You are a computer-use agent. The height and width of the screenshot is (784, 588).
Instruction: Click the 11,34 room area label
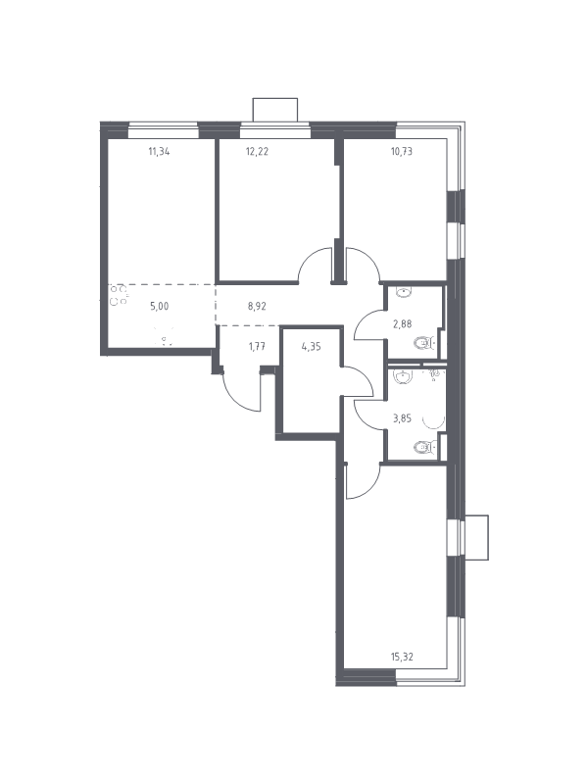(159, 151)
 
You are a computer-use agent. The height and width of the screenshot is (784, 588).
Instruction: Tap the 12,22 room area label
(257, 151)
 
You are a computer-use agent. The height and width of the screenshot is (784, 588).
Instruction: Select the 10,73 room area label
(402, 151)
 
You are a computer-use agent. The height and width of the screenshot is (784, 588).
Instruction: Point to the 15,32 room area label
(402, 657)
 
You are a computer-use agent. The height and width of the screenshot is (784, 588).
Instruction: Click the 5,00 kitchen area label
(159, 307)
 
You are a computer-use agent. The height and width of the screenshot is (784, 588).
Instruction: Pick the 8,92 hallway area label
(257, 307)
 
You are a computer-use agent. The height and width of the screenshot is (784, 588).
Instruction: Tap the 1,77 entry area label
(257, 346)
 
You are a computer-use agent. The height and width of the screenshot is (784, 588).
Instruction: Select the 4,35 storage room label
(311, 346)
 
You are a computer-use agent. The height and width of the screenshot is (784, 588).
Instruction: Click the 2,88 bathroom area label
(402, 323)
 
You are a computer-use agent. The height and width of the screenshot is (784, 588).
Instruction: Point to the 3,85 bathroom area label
(402, 418)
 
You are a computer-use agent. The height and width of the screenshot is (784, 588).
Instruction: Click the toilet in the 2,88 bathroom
(424, 343)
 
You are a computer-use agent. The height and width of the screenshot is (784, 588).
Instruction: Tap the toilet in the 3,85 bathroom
(424, 447)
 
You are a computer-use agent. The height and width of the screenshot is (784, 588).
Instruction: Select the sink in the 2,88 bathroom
(403, 292)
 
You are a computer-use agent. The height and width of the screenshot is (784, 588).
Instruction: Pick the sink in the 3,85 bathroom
(403, 376)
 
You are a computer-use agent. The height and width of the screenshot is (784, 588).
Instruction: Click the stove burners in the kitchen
(119, 295)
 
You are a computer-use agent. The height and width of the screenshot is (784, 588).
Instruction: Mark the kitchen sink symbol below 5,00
(164, 336)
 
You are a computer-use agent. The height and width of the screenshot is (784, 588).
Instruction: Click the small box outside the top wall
(275, 110)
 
